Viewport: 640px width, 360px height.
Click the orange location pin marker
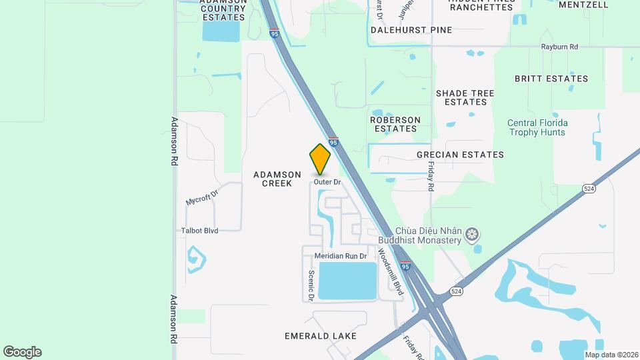(x=321, y=159)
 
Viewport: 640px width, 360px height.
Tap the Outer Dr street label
(x=327, y=182)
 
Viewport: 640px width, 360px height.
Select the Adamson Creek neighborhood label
(x=273, y=179)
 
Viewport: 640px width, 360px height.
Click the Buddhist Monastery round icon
(x=472, y=234)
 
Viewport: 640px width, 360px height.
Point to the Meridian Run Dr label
(x=341, y=256)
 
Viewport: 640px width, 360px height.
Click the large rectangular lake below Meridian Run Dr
(x=347, y=280)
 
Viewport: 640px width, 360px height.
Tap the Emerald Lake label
(x=320, y=336)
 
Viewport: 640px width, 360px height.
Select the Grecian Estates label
(x=460, y=155)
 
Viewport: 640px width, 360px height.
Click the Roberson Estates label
(x=395, y=124)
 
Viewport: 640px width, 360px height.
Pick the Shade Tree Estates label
(x=465, y=97)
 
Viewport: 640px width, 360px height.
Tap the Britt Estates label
(x=551, y=79)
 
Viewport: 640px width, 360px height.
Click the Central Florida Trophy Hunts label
(x=537, y=127)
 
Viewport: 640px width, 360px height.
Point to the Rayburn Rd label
(x=559, y=47)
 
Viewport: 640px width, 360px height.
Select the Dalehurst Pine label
(x=412, y=30)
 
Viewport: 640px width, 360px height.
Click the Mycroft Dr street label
(x=202, y=198)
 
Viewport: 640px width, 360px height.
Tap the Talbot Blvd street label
(x=200, y=231)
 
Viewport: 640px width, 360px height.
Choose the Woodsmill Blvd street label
(x=391, y=271)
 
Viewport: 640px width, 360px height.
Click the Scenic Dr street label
(x=311, y=285)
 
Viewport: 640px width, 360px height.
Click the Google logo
(x=22, y=352)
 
